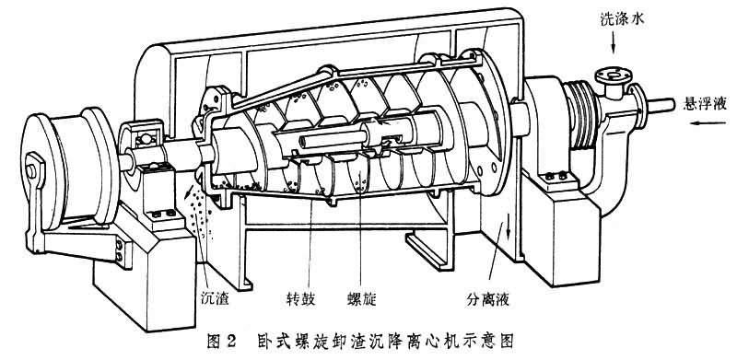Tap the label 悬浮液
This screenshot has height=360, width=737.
703,104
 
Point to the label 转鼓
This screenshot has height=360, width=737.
300,299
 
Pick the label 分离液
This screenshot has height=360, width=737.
488,299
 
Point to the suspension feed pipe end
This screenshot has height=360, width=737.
661,105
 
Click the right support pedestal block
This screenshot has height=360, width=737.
562,226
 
